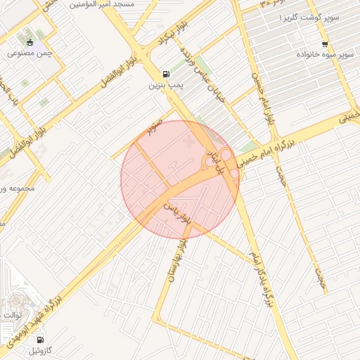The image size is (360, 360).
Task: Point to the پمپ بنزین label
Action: tap(165, 85)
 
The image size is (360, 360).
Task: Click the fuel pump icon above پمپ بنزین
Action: tap(165, 74)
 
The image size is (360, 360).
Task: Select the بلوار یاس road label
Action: tap(177, 213)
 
